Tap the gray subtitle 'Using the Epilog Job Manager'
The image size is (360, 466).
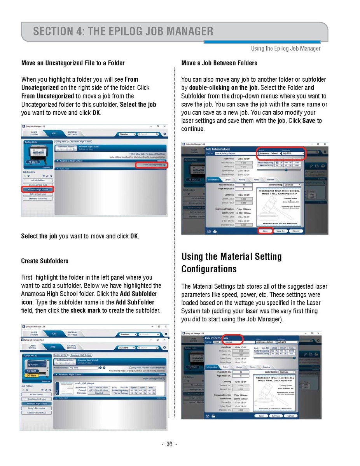(x=286, y=49)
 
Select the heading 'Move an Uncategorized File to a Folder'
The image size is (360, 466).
(x=73, y=63)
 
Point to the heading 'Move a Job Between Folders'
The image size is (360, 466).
(x=219, y=63)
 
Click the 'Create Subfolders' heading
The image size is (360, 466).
(x=45, y=261)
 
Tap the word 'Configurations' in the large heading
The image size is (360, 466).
(x=209, y=269)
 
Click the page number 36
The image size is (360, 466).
(x=170, y=445)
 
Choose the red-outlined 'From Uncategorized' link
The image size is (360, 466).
(x=151, y=165)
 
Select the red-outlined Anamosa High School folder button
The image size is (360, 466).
(x=37, y=189)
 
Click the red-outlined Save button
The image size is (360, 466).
(x=265, y=231)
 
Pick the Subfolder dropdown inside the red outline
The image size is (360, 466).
(x=292, y=153)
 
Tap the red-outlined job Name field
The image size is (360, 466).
(x=229, y=342)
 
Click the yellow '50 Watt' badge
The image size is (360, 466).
(x=31, y=375)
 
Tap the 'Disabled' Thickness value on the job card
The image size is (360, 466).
(x=99, y=393)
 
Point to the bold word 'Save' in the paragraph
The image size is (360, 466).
(x=308, y=121)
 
